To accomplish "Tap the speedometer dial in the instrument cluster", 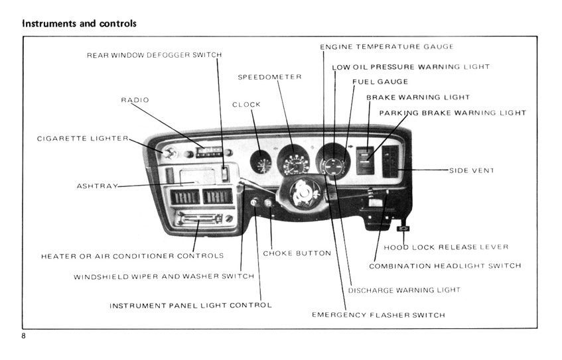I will pyautogui.click(x=293, y=162).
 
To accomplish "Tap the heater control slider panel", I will pyautogui.click(x=198, y=218).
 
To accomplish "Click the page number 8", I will pyautogui.click(x=24, y=336).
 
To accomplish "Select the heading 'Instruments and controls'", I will pyautogui.click(x=79, y=23).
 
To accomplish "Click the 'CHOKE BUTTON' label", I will pyautogui.click(x=297, y=253).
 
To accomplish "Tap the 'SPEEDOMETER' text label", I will pyautogui.click(x=269, y=78).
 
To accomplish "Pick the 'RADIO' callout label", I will pyautogui.click(x=135, y=100).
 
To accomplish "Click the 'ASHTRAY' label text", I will pyautogui.click(x=97, y=186).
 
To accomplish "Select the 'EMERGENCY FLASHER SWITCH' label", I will pyautogui.click(x=378, y=315).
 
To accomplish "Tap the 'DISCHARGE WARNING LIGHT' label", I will pyautogui.click(x=404, y=290).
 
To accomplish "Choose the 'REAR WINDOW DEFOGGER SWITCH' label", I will pyautogui.click(x=154, y=55).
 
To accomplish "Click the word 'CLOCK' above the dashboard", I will pyautogui.click(x=246, y=105).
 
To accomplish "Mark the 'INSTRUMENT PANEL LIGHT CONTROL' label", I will pyautogui.click(x=190, y=306).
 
